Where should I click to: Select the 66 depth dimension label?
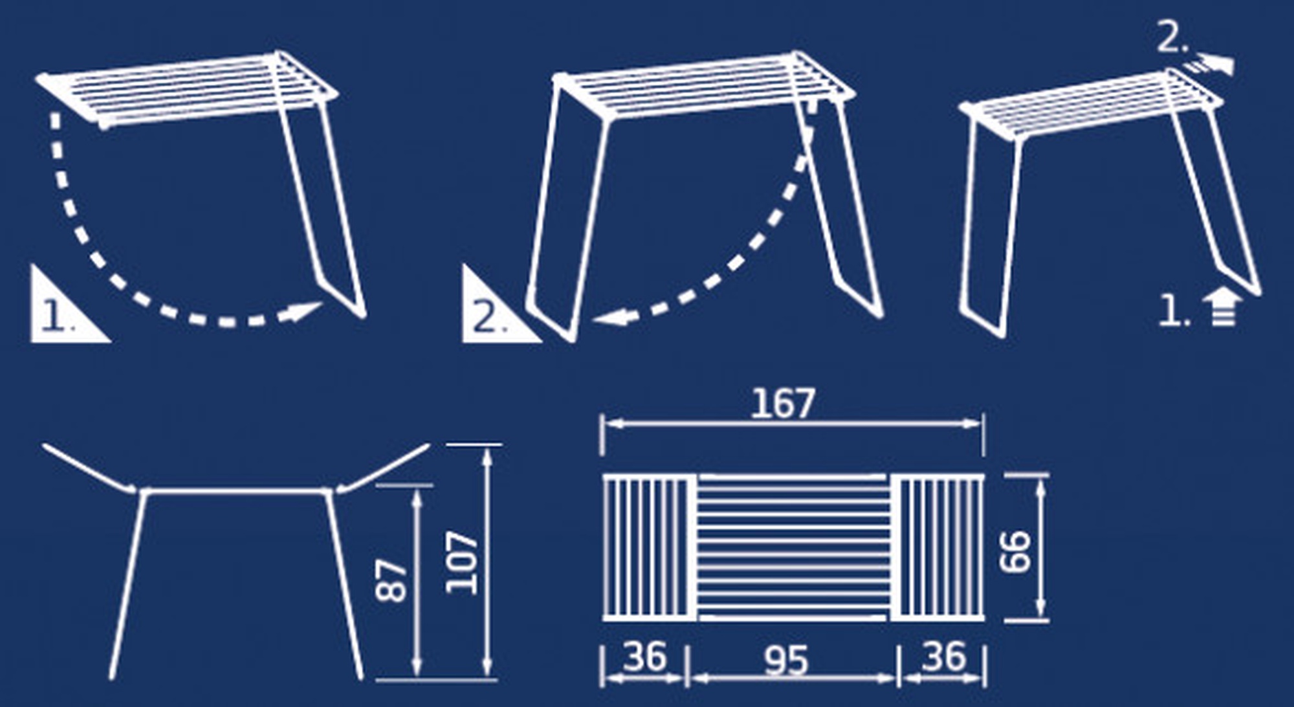(x=1014, y=551)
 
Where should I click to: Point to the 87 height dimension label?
(x=392, y=581)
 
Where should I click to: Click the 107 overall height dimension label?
(x=462, y=562)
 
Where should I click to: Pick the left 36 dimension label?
(x=644, y=657)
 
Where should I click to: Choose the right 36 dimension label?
(x=945, y=657)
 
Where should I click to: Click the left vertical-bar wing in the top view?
(x=649, y=547)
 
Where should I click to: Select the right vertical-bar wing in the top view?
(x=938, y=547)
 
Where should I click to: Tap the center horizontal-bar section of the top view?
(x=793, y=547)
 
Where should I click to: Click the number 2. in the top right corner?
(x=1172, y=39)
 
